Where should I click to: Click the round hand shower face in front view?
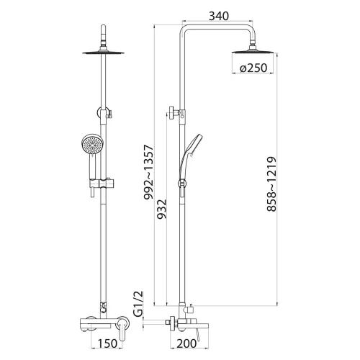pyautogui.click(x=91, y=148)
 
